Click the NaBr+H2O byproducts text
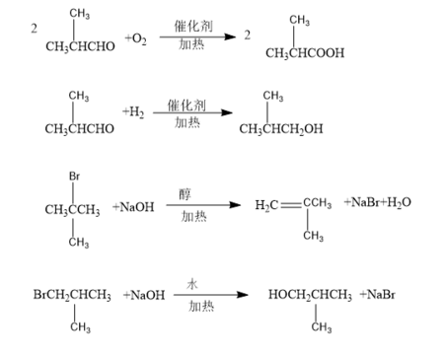(378, 202)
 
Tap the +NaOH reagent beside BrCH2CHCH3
(144, 294)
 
